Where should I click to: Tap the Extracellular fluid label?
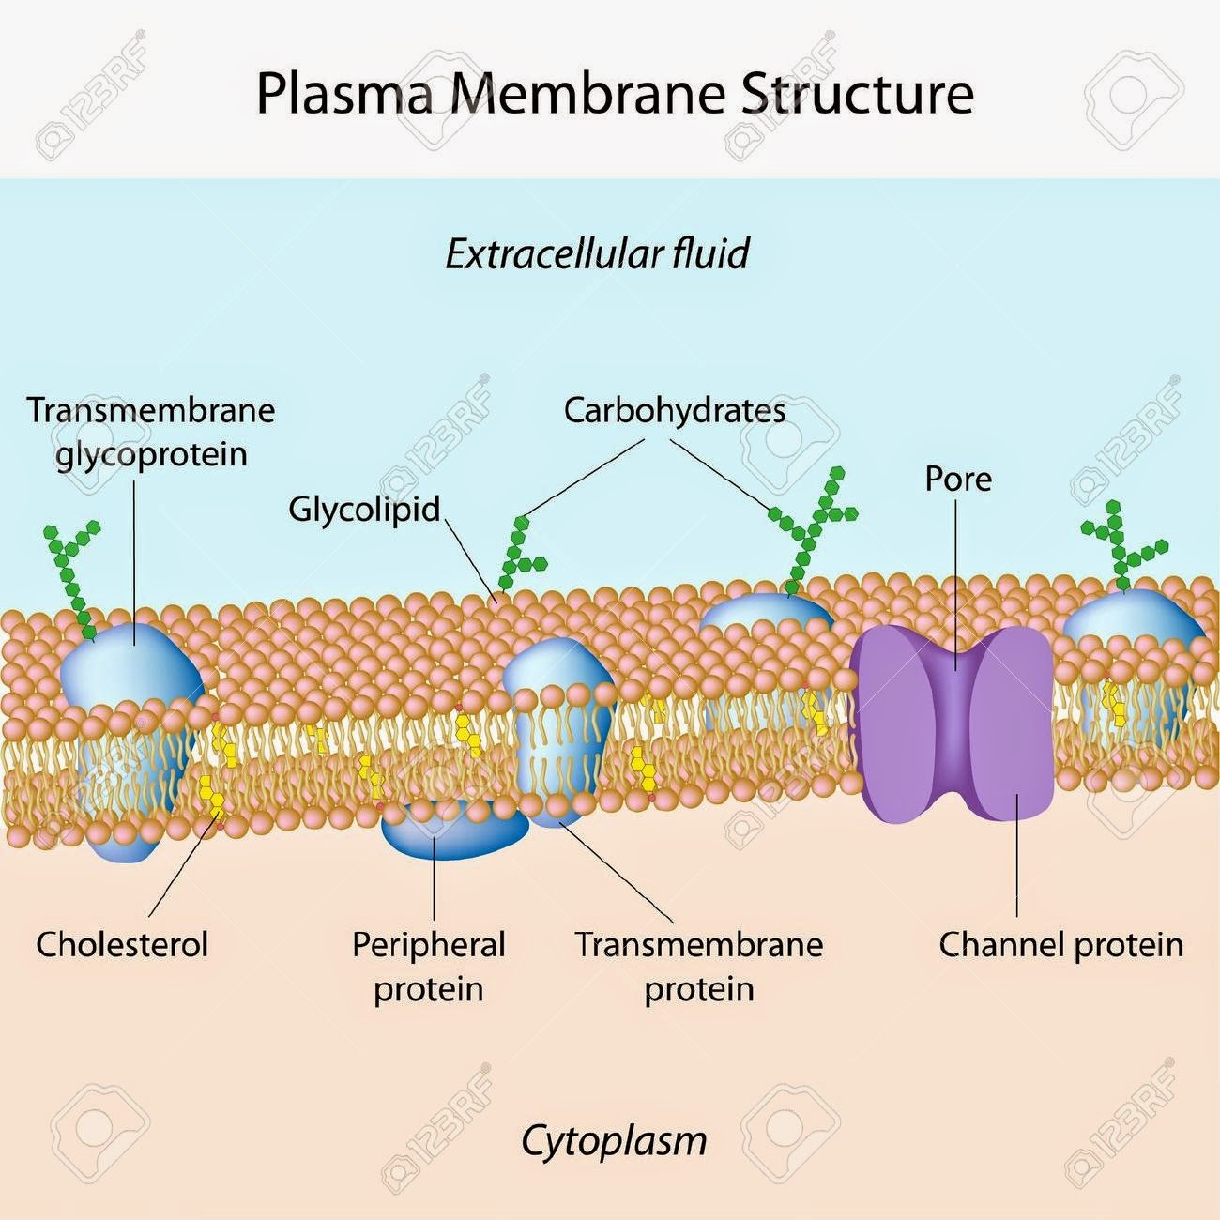[x=597, y=254]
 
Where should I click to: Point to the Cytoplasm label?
[x=613, y=1140]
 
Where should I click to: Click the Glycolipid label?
[x=364, y=509]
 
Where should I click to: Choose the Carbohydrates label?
[x=674, y=410]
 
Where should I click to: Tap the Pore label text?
[x=957, y=479]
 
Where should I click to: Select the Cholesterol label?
[x=122, y=944]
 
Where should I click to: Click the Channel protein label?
[x=1060, y=944]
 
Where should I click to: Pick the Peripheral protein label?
[x=428, y=966]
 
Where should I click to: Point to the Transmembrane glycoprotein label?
[x=151, y=432]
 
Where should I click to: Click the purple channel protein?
[x=954, y=723]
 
